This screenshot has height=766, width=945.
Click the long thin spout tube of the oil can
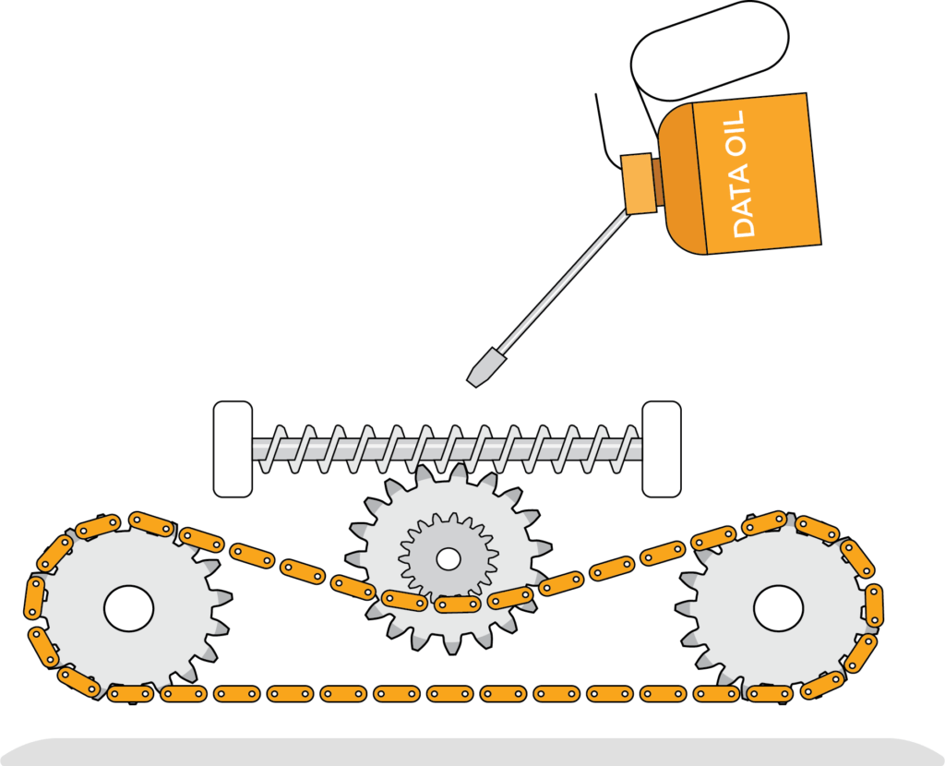coord(563,282)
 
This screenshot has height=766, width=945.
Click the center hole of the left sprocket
coord(128,609)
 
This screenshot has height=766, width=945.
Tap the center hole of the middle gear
coord(449,558)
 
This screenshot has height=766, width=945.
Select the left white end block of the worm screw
coord(233,449)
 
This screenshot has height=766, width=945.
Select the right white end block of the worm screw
coord(661,449)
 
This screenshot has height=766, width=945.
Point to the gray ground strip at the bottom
coord(472,752)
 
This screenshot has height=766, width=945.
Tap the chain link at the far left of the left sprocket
coord(34,597)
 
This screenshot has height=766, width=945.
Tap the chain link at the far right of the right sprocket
coord(873,604)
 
